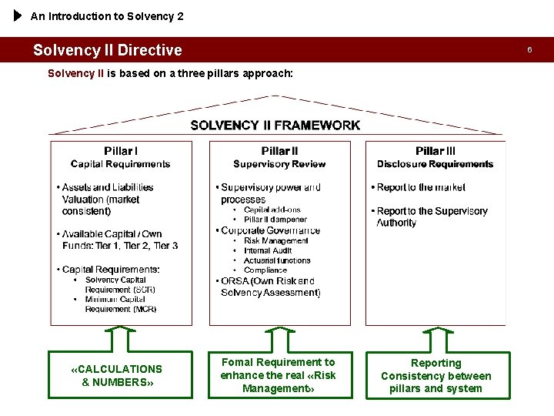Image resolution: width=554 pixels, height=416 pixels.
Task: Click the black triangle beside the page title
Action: tap(18, 15)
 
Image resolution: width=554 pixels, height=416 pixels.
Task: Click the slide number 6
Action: tap(529, 50)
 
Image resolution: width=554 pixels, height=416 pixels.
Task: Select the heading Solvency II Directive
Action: tap(108, 50)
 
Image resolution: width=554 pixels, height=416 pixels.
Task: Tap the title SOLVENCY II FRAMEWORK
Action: tap(275, 125)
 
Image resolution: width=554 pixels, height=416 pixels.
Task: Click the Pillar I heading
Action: tap(120, 151)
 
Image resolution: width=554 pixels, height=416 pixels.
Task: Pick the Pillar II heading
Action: tap(279, 151)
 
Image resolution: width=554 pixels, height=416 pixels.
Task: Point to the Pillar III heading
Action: tap(435, 151)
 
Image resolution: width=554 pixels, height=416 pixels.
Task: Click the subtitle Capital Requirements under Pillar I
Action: tap(120, 164)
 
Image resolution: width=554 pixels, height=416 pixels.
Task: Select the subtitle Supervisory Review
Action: tap(279, 164)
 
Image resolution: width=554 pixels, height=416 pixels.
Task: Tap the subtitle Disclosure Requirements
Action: tap(435, 164)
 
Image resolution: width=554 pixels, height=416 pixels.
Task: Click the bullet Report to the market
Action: tap(421, 187)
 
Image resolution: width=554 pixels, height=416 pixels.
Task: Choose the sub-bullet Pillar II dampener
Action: tap(275, 220)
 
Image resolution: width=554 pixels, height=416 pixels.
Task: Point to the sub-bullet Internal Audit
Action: tap(268, 250)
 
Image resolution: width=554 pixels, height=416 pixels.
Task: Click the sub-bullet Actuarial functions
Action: tap(277, 260)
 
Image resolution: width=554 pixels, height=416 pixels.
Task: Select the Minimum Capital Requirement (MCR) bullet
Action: tap(120, 304)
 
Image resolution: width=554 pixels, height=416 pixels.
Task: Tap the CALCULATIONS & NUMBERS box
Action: tap(120, 375)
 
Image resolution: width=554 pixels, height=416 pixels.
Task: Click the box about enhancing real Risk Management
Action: tap(278, 375)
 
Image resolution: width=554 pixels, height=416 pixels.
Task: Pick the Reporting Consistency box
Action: tap(436, 375)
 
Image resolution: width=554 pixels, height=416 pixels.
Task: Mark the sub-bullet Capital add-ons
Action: tap(272, 210)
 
